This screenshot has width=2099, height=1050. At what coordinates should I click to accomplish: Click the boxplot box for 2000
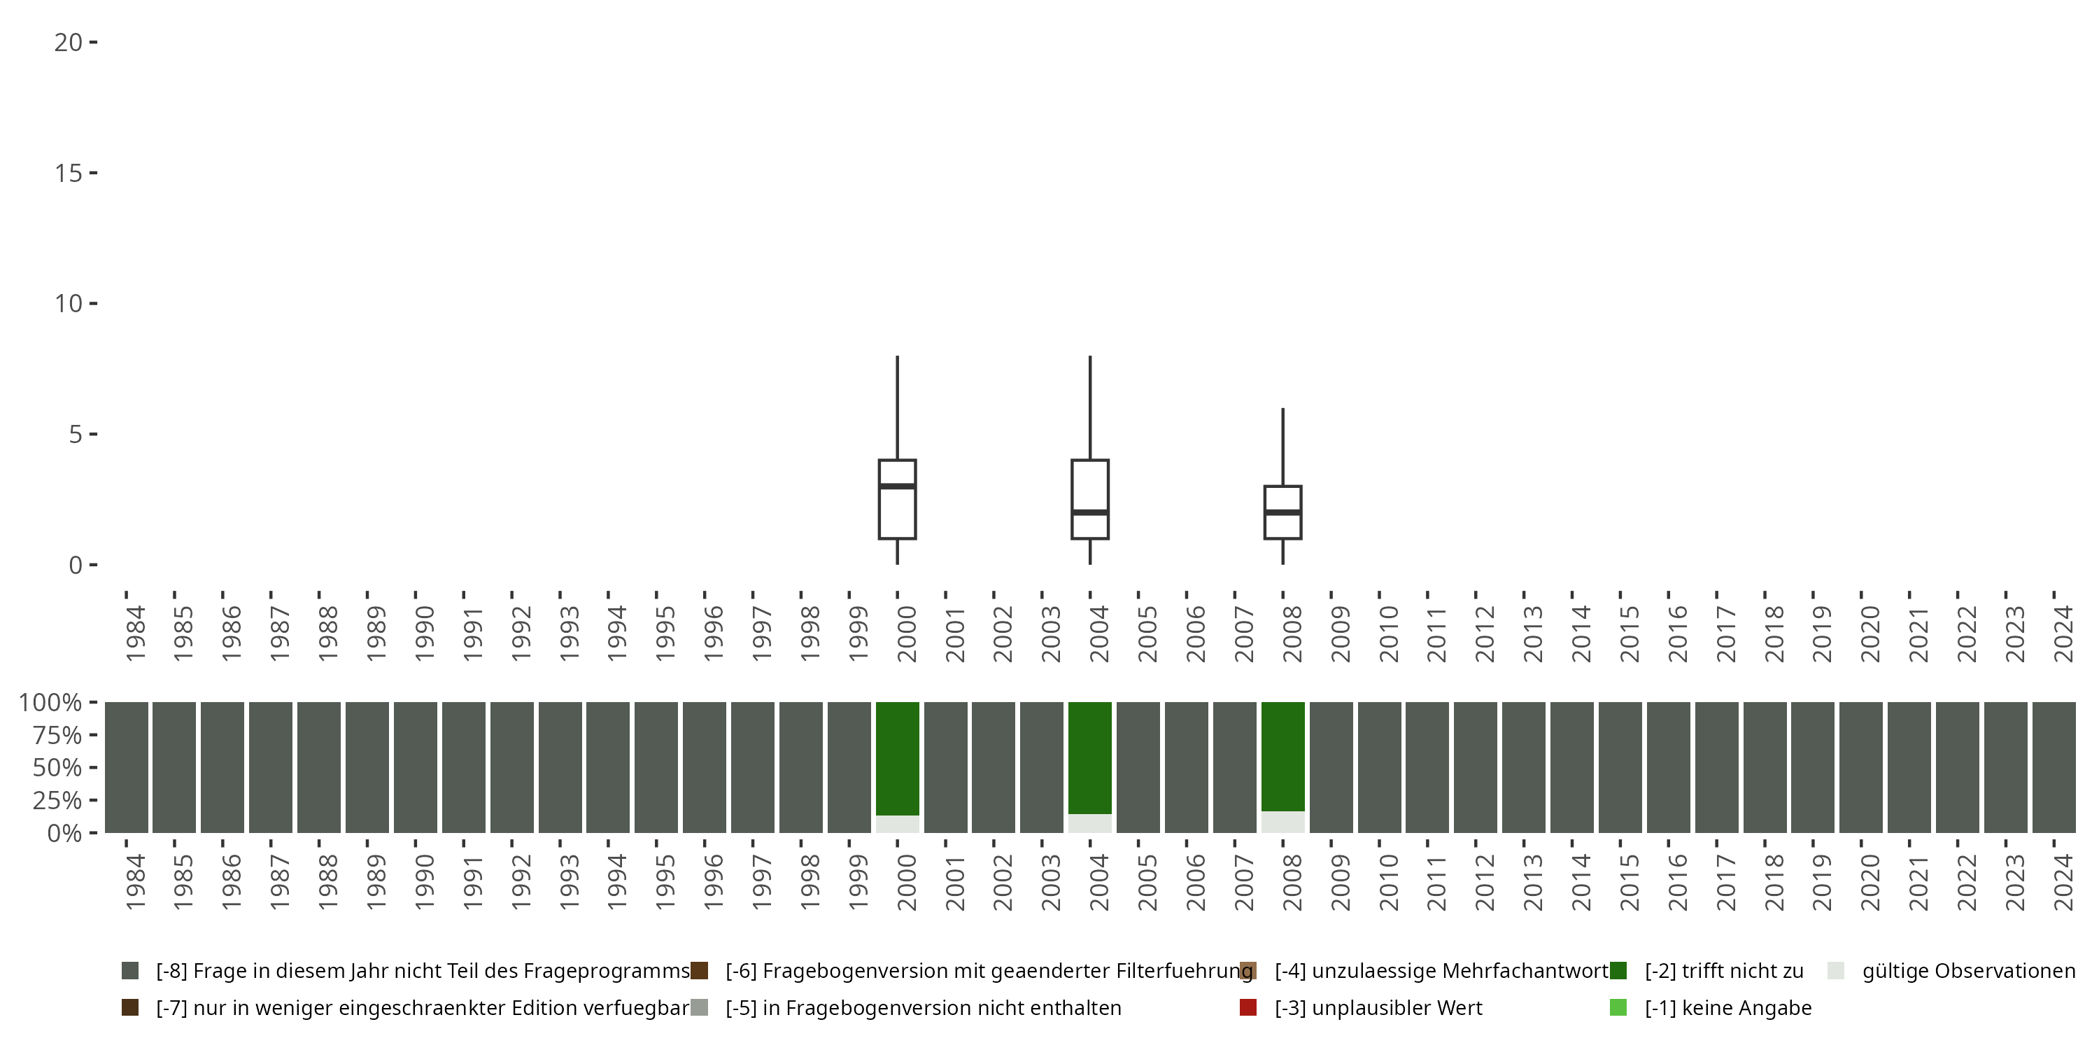click(x=897, y=514)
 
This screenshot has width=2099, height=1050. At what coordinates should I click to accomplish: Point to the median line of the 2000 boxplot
click(x=897, y=486)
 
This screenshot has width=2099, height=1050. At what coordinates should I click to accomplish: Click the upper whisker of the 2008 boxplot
click(x=1282, y=447)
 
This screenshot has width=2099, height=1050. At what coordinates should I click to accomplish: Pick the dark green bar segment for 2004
click(x=1089, y=757)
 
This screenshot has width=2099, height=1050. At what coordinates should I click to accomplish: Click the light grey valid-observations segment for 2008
click(x=1282, y=822)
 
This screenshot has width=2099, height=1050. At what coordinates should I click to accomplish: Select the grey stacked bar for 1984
click(x=127, y=767)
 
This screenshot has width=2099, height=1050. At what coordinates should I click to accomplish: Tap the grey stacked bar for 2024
click(x=2054, y=767)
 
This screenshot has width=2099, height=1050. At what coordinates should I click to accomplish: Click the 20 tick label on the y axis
click(x=69, y=43)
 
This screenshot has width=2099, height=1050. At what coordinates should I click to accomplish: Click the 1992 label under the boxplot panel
click(x=521, y=633)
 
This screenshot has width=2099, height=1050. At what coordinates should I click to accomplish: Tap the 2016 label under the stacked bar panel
click(x=1677, y=881)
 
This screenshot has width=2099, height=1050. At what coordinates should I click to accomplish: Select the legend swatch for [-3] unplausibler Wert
click(x=1248, y=1007)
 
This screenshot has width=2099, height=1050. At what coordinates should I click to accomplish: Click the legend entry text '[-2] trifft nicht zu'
click(x=1723, y=971)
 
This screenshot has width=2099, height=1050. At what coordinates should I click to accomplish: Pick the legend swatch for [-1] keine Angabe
click(x=1618, y=1007)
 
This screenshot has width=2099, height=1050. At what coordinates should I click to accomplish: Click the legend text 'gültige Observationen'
click(x=1967, y=971)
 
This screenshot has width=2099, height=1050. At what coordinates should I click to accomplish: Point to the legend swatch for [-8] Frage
click(x=129, y=971)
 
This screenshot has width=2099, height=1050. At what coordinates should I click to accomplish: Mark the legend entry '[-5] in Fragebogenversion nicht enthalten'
click(x=922, y=1007)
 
